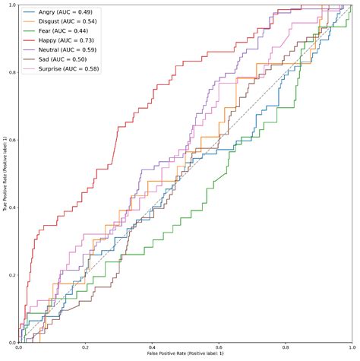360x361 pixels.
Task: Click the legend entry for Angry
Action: click(x=63, y=13)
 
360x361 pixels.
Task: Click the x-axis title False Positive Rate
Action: click(x=185, y=356)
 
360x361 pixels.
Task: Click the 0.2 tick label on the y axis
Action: click(x=11, y=275)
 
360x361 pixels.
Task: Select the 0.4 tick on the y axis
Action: click(x=11, y=207)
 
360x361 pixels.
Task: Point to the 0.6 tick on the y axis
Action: click(x=11, y=141)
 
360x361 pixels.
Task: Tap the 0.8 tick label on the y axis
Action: click(x=11, y=73)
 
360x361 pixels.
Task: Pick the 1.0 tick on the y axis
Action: click(x=11, y=6)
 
